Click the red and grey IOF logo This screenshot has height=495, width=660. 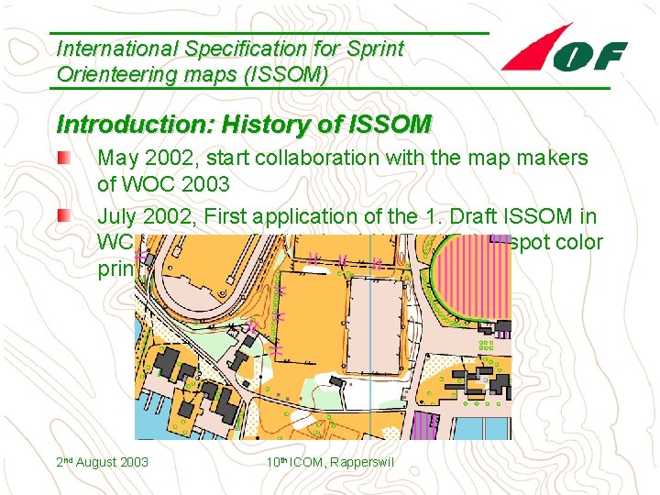564,50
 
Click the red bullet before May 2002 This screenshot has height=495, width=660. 61,158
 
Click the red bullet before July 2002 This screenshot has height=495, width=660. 61,217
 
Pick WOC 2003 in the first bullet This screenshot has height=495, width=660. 163,184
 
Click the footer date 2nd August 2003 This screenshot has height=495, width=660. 102,462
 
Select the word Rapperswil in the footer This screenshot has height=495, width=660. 360,462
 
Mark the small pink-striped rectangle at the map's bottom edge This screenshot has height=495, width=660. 423,426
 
